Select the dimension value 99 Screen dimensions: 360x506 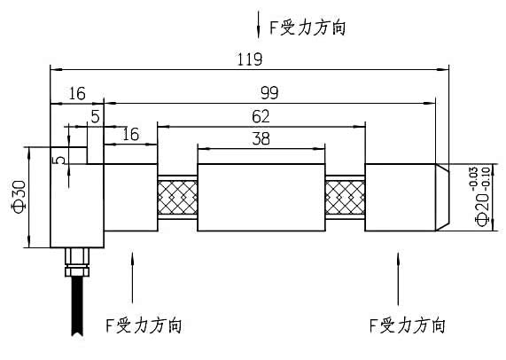271,93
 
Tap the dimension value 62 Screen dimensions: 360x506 260,115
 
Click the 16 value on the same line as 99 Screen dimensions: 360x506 76,93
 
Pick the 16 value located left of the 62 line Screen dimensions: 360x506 130,134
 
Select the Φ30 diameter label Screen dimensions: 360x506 18,197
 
